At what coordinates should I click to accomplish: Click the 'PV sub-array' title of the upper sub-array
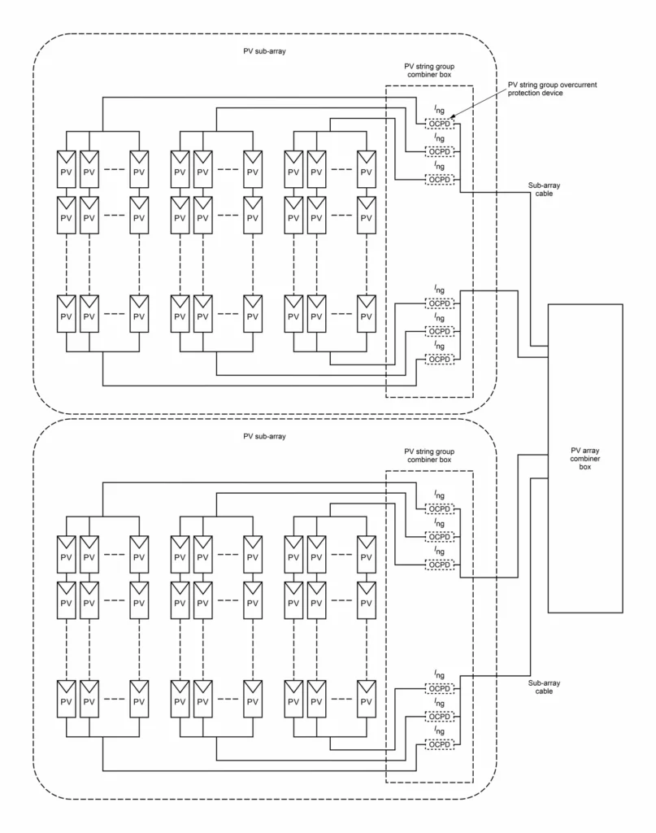point(265,51)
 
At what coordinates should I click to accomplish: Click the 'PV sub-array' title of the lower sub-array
point(265,436)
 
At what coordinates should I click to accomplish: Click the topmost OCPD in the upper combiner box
point(439,124)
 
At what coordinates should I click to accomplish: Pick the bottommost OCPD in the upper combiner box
point(439,359)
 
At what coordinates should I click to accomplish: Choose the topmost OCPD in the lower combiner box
point(439,509)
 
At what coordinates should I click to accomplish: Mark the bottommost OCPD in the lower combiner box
point(439,744)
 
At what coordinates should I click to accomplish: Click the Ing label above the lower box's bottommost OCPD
point(439,731)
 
